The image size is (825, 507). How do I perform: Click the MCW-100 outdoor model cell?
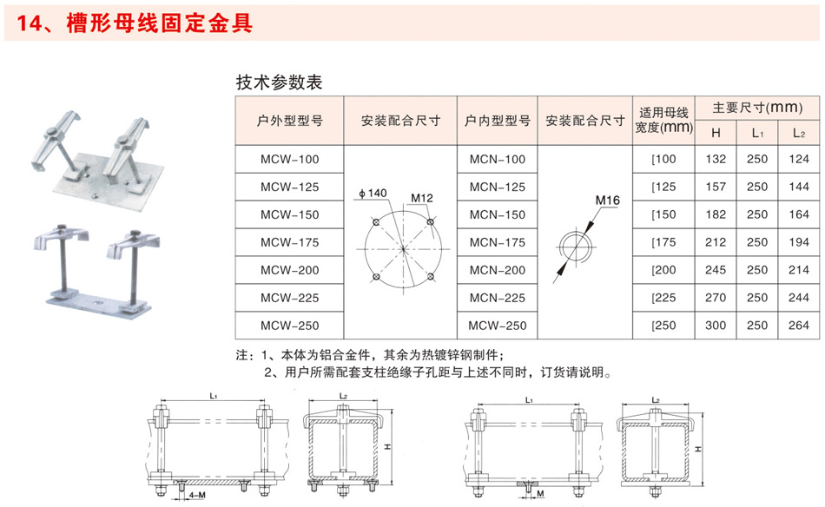tap(289, 160)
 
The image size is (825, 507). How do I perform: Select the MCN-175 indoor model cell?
tap(498, 242)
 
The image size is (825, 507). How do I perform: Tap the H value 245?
tap(716, 270)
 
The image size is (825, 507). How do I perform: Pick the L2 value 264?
tap(799, 326)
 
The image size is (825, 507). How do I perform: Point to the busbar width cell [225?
tap(663, 298)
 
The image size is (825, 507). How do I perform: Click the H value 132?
tap(716, 159)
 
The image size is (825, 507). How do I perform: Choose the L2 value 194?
tap(799, 242)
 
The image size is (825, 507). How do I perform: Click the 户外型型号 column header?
tap(289, 121)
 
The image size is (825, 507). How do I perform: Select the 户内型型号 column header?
tap(498, 121)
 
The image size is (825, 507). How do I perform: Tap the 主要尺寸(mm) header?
tap(757, 108)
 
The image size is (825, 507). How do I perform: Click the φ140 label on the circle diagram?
tap(373, 194)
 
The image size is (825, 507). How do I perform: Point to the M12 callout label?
tap(421, 198)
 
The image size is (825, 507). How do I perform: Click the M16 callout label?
tap(607, 201)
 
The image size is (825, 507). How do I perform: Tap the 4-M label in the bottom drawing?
tap(197, 496)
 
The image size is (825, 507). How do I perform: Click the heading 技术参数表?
tap(279, 82)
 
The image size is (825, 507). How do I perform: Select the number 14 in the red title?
tap(28, 23)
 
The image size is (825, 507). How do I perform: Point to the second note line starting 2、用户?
tap(439, 372)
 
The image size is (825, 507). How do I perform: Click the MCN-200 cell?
tap(498, 270)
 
